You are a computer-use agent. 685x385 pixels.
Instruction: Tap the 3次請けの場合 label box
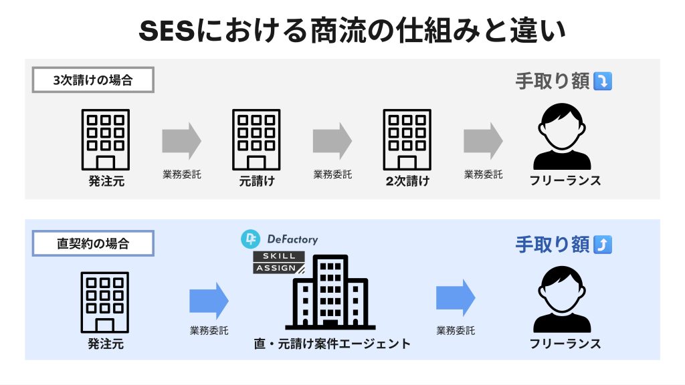coord(93,81)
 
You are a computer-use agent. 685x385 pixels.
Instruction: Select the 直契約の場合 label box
coord(93,243)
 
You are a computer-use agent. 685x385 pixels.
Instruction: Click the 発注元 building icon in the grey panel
coord(106,139)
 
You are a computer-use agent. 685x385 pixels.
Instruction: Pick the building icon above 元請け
coord(256,139)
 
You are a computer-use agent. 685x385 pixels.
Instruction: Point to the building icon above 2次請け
coord(407,139)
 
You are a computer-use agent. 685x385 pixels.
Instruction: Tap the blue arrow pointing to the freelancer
coord(456,297)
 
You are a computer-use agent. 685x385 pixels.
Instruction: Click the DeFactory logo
coord(280,239)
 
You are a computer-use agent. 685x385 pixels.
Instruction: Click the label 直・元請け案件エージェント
coord(332,344)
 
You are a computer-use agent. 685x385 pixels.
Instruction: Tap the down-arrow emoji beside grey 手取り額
coord(603,82)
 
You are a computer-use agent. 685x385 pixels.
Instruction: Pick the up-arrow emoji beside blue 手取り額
coord(603,245)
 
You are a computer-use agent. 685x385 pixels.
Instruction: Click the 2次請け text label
coord(407,180)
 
